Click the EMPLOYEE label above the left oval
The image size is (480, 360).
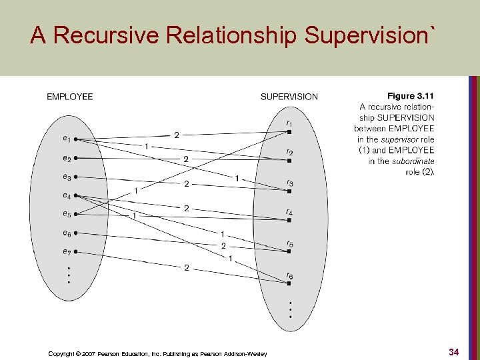[69, 97]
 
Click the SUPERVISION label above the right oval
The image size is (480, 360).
[289, 97]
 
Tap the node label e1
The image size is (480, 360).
[67, 139]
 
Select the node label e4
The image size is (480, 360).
[67, 195]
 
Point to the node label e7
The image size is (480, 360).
[67, 251]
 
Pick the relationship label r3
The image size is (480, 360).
[289, 183]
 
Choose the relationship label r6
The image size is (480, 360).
[289, 275]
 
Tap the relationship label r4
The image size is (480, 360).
[289, 213]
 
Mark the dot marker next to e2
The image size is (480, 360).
[76, 159]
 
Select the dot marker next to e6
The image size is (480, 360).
[76, 233]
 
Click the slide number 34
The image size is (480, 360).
[453, 351]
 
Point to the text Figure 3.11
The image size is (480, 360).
[411, 97]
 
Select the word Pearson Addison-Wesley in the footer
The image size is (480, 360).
[233, 353]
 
